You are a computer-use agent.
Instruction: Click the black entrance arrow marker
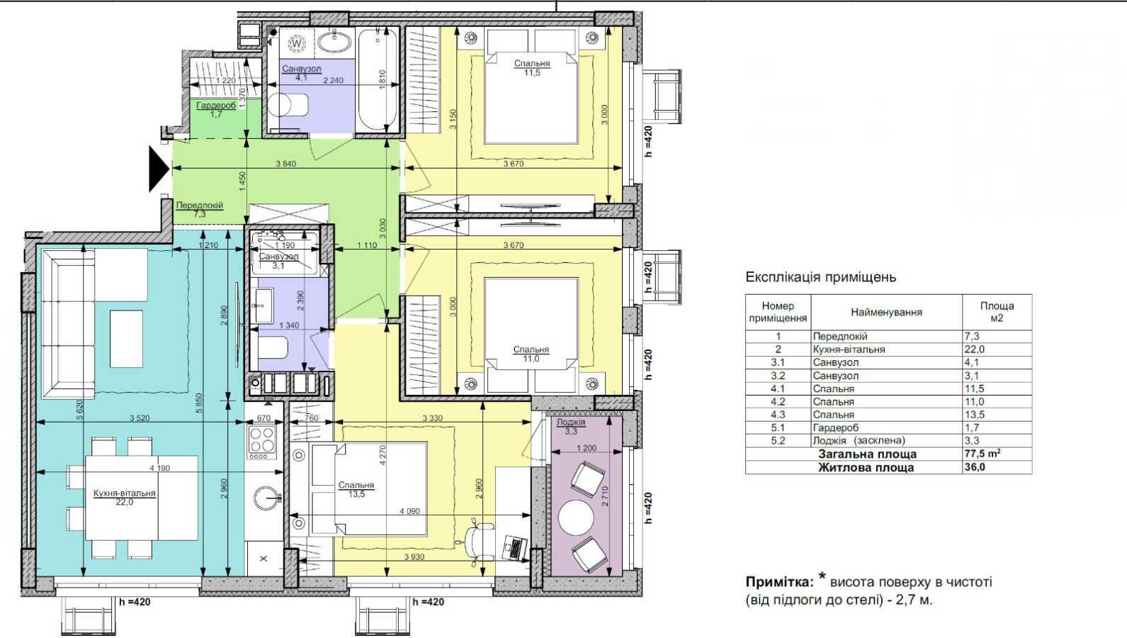(x=158, y=169)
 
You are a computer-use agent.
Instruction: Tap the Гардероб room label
(x=210, y=106)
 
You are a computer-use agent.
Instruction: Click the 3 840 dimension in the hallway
(x=285, y=164)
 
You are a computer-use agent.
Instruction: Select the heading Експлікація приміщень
(x=820, y=277)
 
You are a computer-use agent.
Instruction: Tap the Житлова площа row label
(x=866, y=468)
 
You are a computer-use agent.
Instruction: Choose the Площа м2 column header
(x=997, y=312)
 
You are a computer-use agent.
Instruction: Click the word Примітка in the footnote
(x=778, y=582)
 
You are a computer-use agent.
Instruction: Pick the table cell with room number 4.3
(x=778, y=415)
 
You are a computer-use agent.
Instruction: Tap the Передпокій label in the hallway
(x=199, y=205)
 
